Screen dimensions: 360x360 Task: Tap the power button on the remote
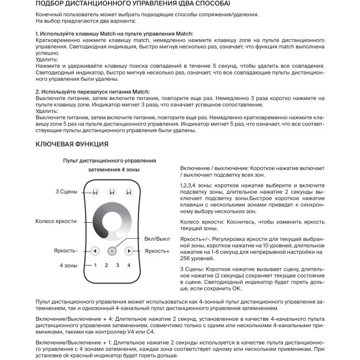(112, 251)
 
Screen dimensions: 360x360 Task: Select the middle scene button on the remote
(112, 192)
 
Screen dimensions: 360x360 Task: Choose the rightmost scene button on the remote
(128, 192)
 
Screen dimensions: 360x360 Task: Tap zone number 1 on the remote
(95, 266)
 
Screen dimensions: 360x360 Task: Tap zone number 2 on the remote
(106, 266)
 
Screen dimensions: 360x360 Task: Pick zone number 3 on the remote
(117, 266)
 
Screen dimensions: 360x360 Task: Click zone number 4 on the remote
(128, 266)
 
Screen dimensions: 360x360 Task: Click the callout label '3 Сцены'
(66, 191)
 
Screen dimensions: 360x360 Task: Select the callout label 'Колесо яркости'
(56, 220)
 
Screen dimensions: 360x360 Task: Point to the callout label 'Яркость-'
(68, 251)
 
